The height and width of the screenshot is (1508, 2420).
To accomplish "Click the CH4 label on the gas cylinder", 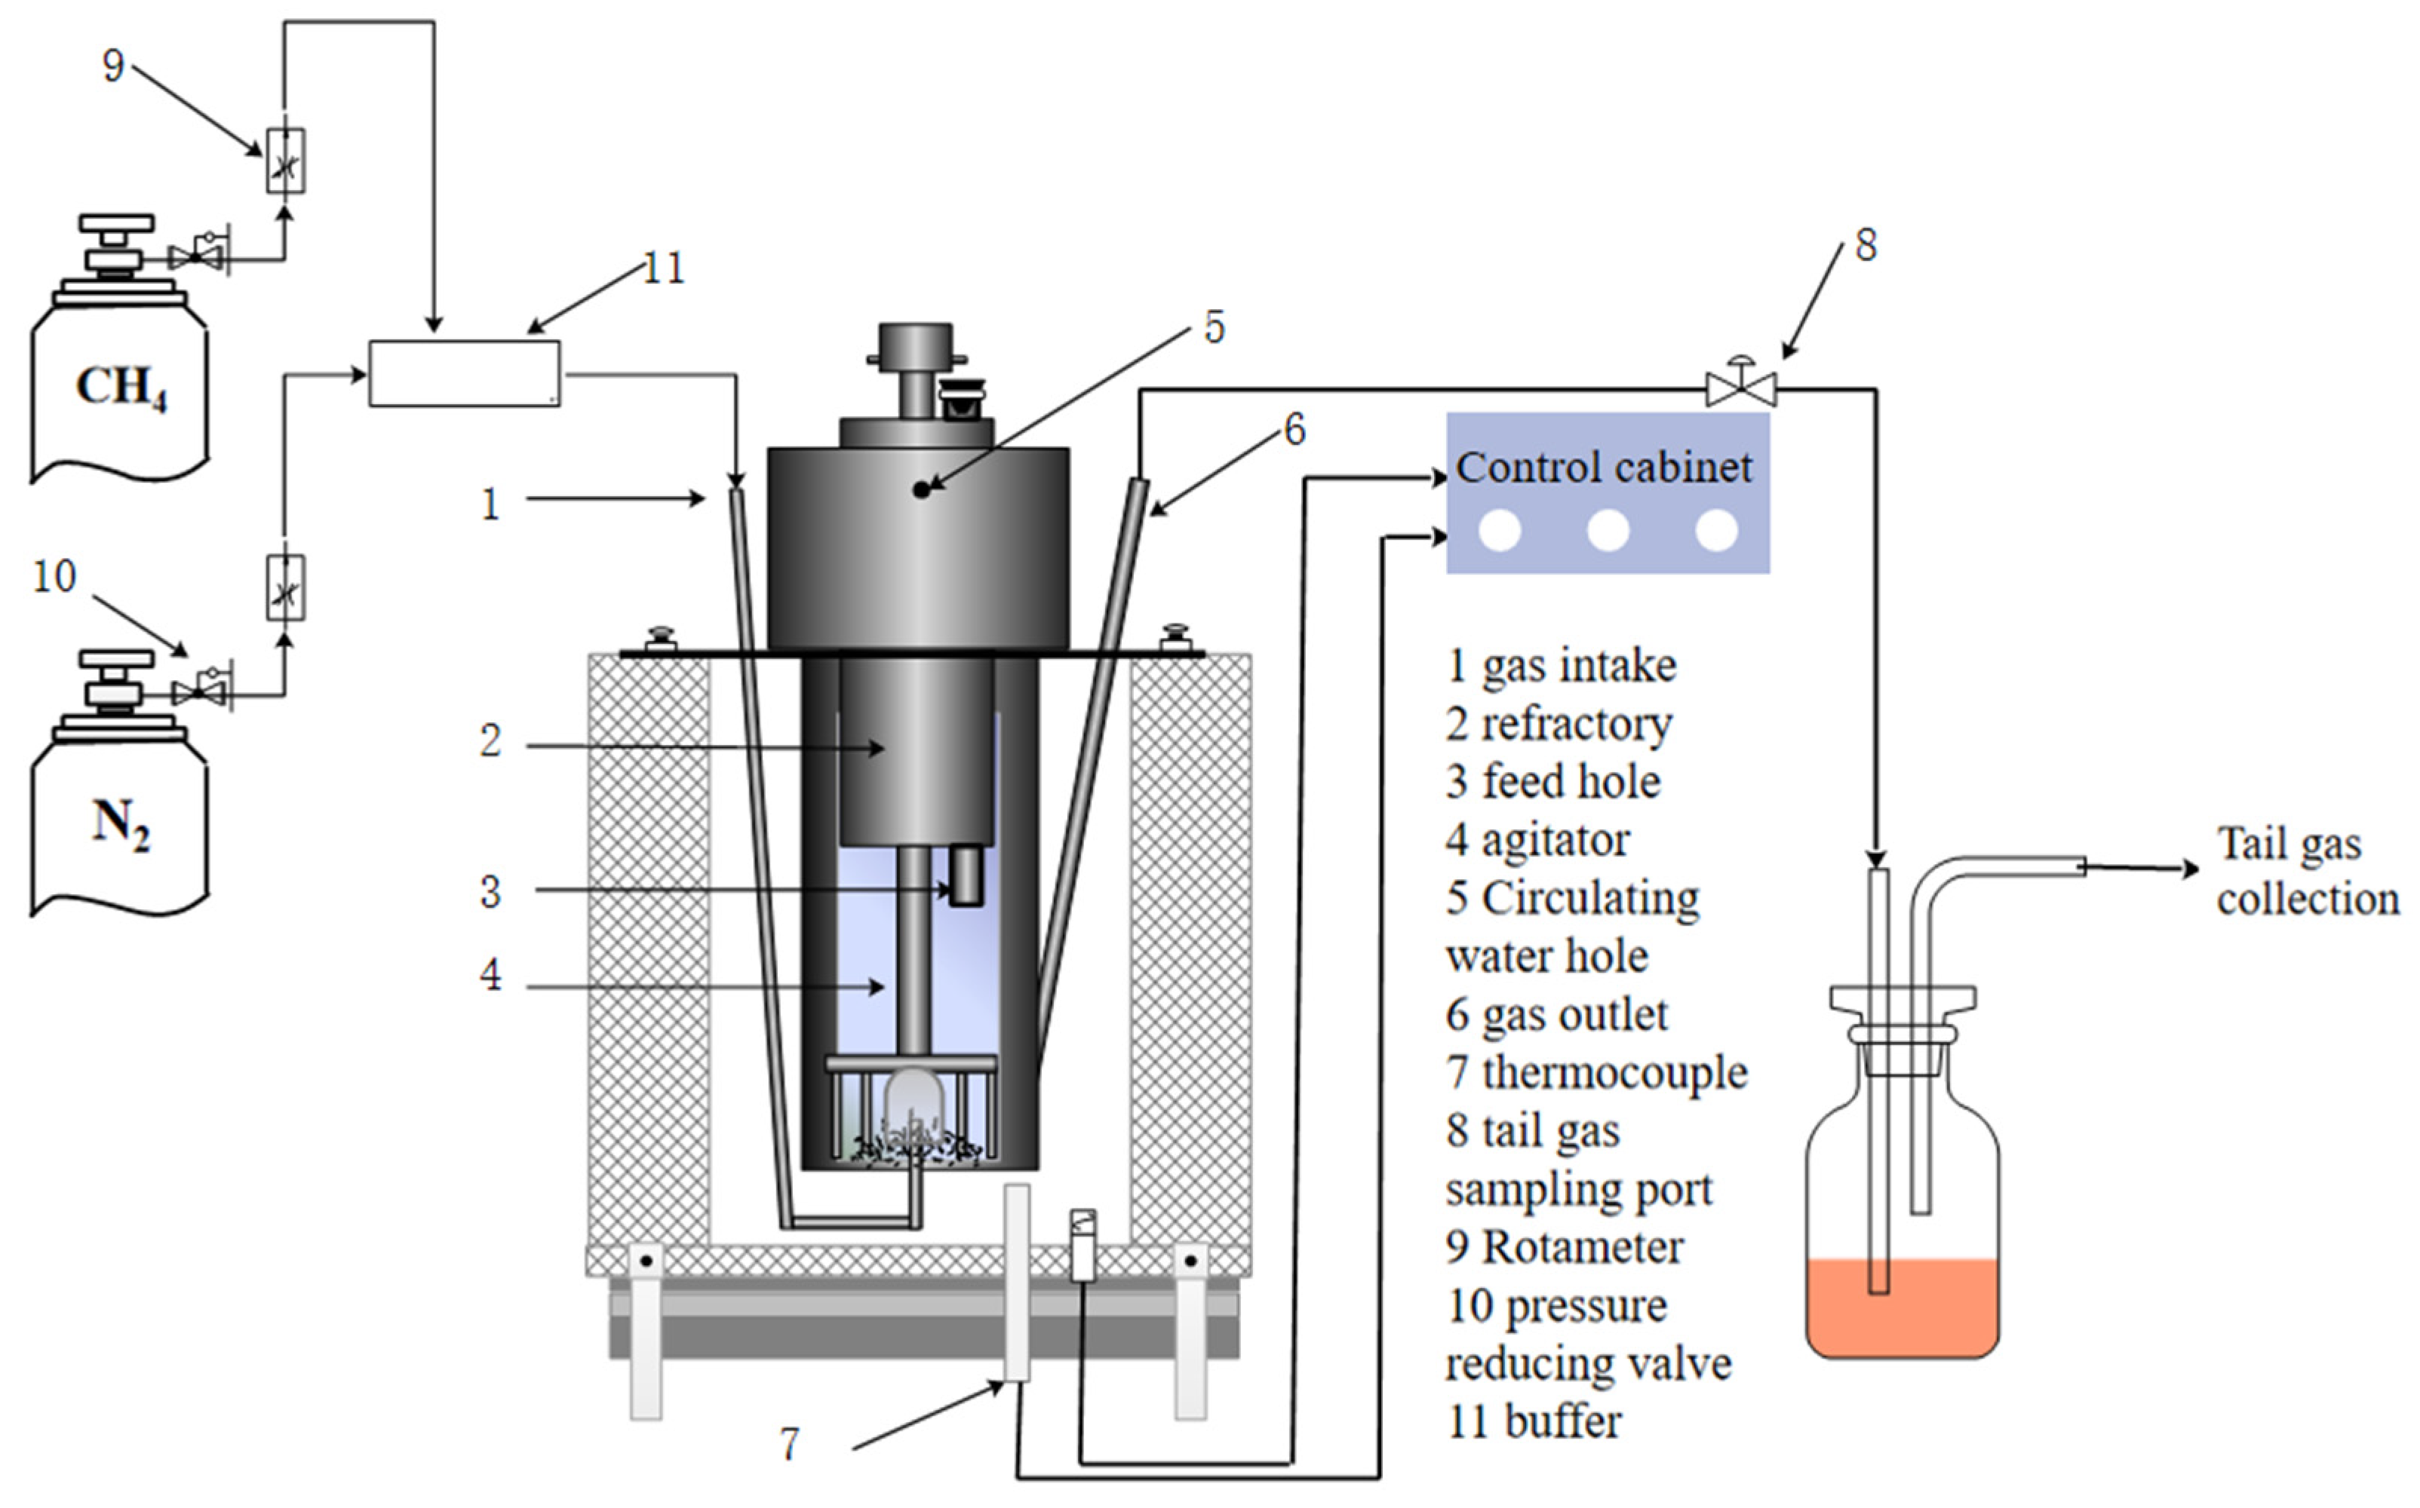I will tap(121, 387).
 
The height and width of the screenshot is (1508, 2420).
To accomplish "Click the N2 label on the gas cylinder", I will tap(121, 826).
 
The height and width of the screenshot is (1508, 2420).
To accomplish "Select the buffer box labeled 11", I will tap(464, 373).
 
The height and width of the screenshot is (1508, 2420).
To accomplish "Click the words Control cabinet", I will tap(1603, 467).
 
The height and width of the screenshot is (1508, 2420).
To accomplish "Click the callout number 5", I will tap(1214, 327).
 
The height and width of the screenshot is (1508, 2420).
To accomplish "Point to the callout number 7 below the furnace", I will tap(789, 1443).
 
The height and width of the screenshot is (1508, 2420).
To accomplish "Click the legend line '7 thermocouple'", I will tap(1596, 1073).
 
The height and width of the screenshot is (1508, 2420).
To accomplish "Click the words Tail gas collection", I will tap(2306, 872).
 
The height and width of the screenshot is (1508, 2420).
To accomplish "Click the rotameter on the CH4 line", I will tap(285, 161).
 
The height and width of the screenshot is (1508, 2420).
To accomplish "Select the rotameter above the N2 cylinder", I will tap(285, 587).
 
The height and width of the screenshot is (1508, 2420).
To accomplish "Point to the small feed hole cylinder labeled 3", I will tap(966, 875).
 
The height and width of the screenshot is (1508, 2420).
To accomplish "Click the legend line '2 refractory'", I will tap(1558, 724).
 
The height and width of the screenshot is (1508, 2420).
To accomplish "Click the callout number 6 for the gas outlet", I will tap(1294, 430).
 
